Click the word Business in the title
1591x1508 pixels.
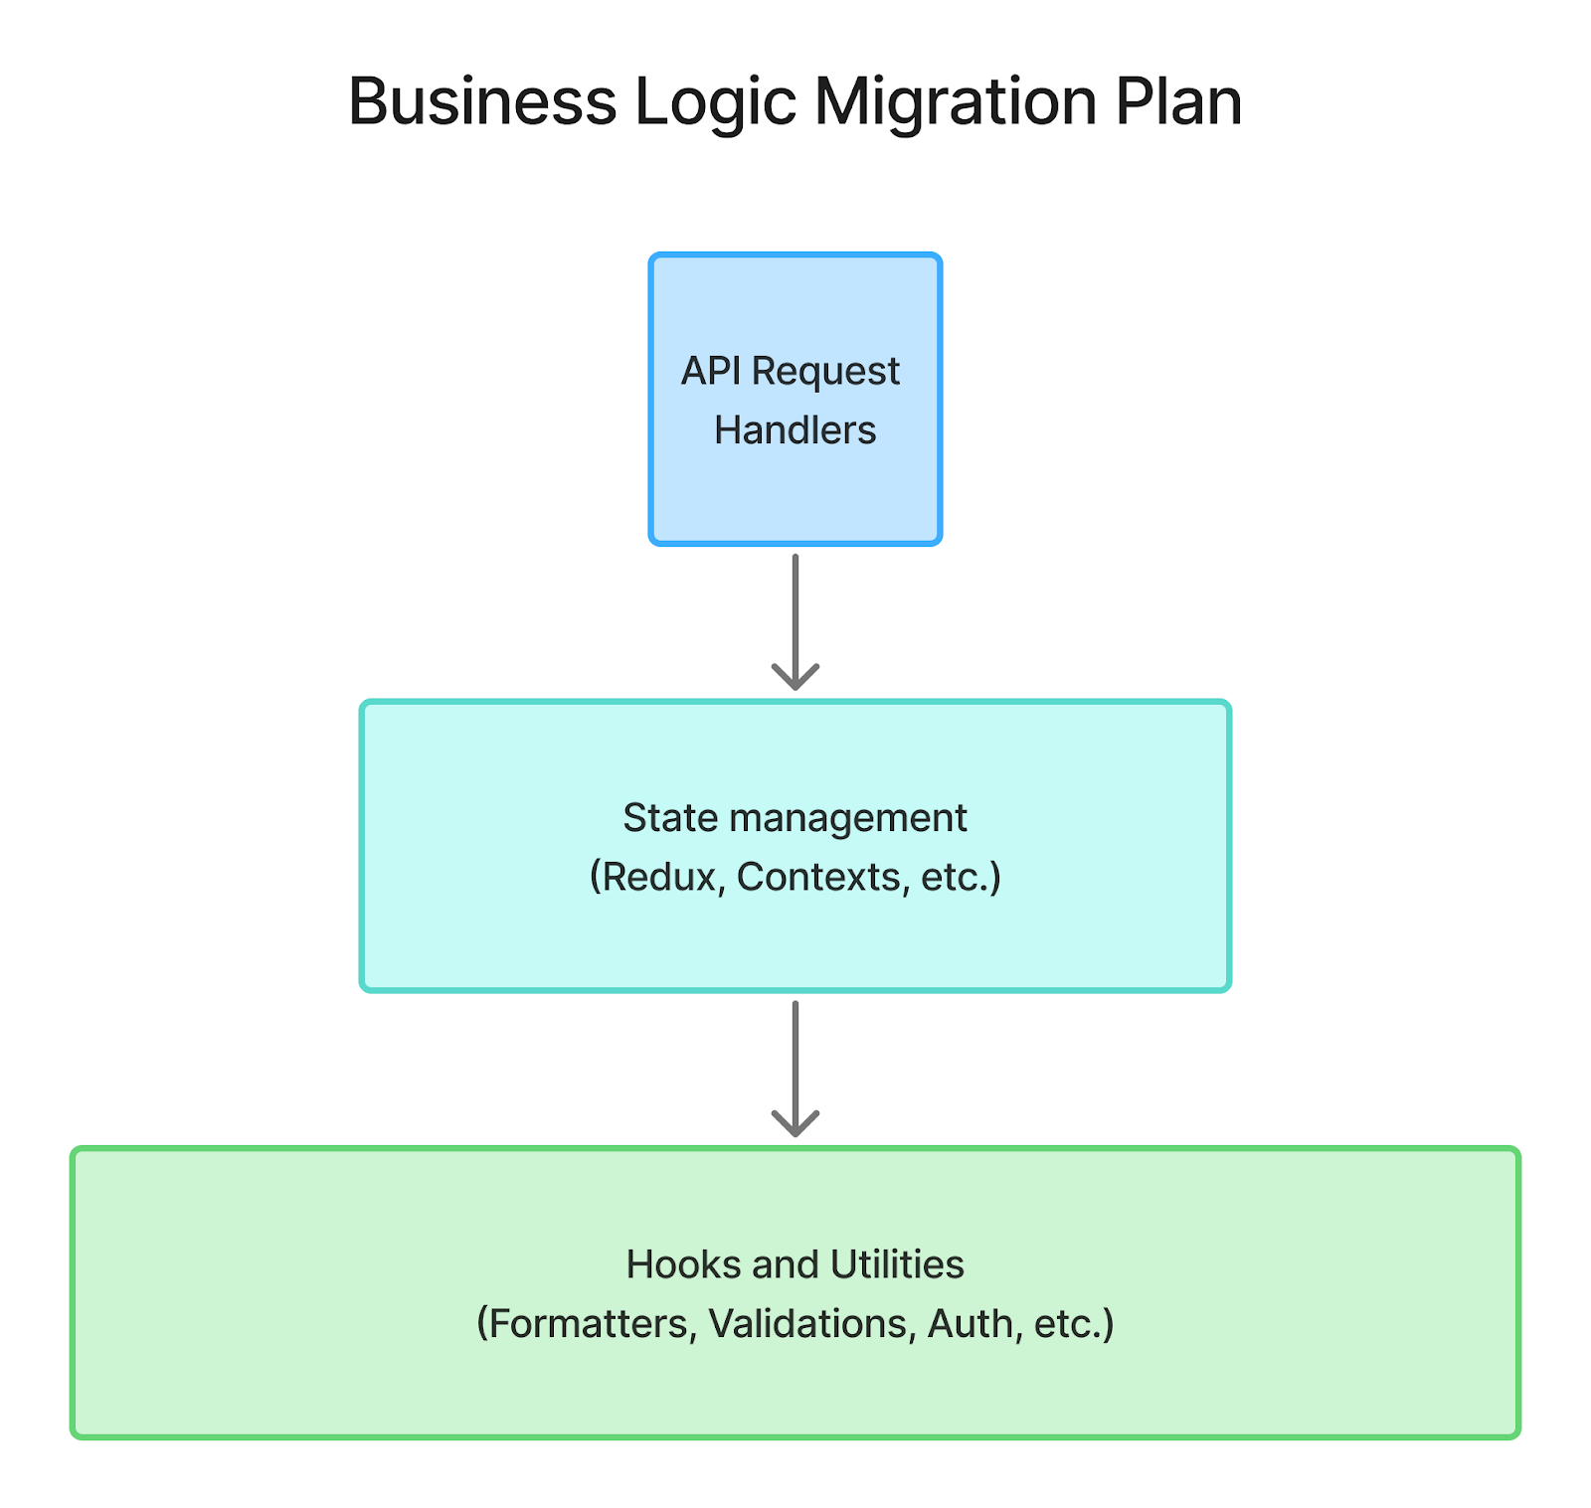click(483, 101)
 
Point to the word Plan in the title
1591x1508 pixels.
click(1178, 101)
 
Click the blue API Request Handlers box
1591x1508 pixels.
click(795, 399)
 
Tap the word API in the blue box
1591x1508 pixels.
click(711, 371)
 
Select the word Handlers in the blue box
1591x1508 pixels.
click(795, 430)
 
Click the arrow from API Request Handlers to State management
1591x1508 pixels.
click(795, 622)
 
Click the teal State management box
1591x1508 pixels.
click(795, 846)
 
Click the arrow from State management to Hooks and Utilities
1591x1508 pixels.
click(795, 1069)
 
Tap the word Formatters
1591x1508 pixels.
click(588, 1324)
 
